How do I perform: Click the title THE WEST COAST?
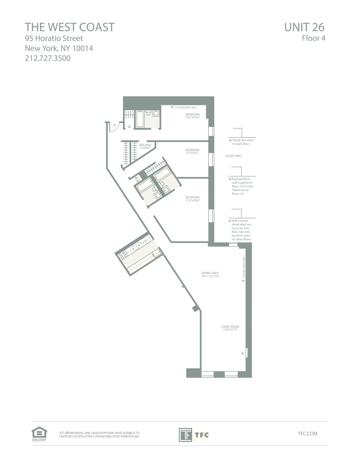tap(70, 27)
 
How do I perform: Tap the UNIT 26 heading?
tap(304, 27)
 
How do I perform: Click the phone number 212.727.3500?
tap(48, 58)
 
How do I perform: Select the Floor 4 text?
tap(314, 38)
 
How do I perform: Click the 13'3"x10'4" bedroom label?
tap(193, 116)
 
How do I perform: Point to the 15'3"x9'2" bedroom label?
tap(192, 152)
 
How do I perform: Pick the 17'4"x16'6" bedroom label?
tap(193, 199)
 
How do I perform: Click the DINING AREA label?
tap(210, 274)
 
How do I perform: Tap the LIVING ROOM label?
tap(230, 328)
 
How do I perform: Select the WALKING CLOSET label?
tap(145, 146)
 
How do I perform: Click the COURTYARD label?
tap(233, 156)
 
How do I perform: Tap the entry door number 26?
tap(114, 125)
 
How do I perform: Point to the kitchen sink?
tap(136, 247)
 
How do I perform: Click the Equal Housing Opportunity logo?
tap(39, 434)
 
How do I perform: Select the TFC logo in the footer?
tap(194, 435)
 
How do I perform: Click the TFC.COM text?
tap(307, 433)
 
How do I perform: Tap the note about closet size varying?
tap(243, 142)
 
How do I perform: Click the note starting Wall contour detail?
tap(241, 230)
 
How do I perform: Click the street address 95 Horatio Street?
tap(54, 38)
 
